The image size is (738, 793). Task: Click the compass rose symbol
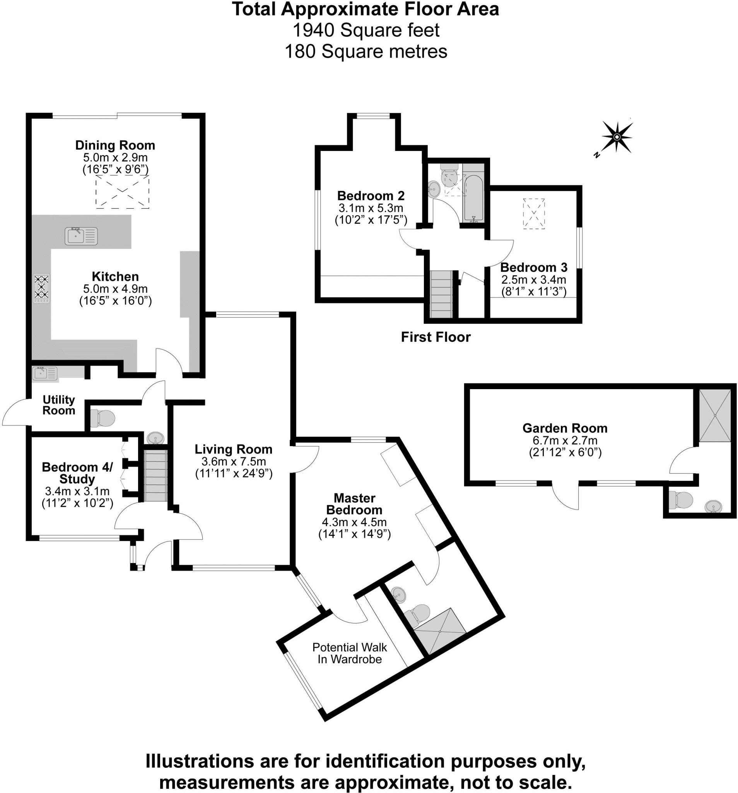tap(617, 137)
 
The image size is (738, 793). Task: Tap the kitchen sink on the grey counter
tap(81, 236)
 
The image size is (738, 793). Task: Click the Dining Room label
tap(115, 145)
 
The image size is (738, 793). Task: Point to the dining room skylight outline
tap(122, 193)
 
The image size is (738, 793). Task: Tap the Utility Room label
tap(58, 405)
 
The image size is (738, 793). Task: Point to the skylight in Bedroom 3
tap(533, 213)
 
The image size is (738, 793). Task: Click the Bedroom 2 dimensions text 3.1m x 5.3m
tap(371, 208)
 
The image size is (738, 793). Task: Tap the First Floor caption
tap(436, 338)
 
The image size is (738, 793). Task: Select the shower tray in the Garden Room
tap(715, 415)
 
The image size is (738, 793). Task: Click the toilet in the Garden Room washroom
tap(682, 500)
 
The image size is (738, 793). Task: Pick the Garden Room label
tap(565, 428)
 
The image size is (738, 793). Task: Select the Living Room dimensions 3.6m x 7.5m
tap(234, 462)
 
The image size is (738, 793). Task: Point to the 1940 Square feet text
tap(366, 30)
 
